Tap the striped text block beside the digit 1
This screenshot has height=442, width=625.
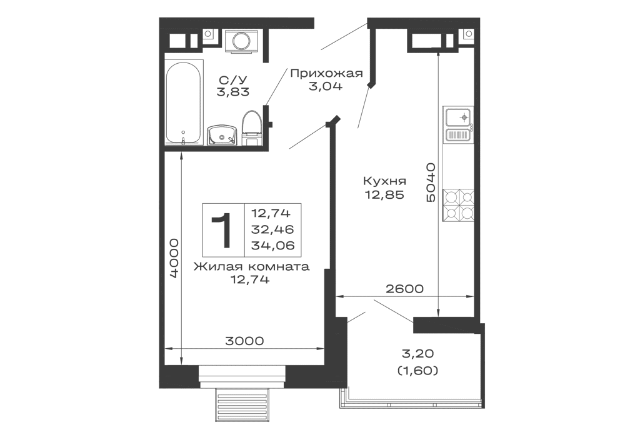click(x=271, y=229)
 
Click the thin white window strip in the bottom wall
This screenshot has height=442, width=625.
click(x=242, y=373)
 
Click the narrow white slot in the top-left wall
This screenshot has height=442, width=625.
click(x=242, y=40)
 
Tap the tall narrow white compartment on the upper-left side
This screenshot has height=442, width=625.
click(x=181, y=100)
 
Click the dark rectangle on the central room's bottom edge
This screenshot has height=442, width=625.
click(x=244, y=341)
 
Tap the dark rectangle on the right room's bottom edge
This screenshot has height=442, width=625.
click(x=405, y=288)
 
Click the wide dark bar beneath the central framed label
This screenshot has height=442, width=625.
click(x=250, y=268)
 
